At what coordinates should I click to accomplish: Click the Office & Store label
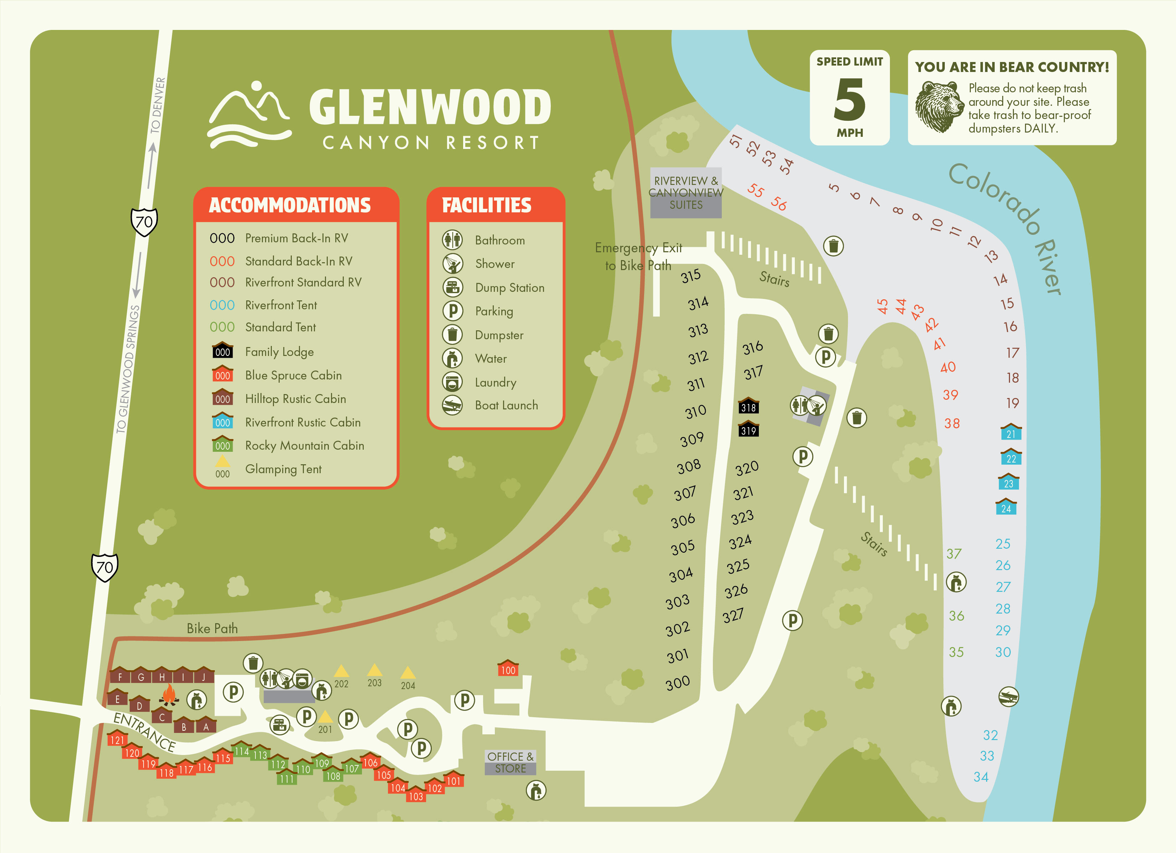click(x=510, y=762)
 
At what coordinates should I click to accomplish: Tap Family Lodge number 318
click(x=748, y=407)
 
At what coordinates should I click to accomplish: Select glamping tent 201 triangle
click(x=325, y=717)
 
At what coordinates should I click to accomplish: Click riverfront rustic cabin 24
click(x=1006, y=507)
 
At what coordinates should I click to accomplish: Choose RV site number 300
click(x=678, y=683)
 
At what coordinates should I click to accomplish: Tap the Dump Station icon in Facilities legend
click(x=452, y=287)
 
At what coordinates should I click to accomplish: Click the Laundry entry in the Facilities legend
click(x=495, y=382)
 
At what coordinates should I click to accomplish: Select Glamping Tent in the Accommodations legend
click(x=283, y=469)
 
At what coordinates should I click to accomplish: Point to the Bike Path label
click(x=212, y=629)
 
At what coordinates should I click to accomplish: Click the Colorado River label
click(x=1006, y=228)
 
